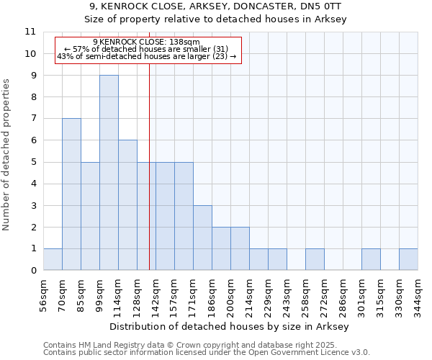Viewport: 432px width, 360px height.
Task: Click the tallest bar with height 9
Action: point(109,173)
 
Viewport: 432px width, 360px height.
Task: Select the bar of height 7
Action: point(71,194)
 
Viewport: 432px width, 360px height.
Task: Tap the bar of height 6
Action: point(127,205)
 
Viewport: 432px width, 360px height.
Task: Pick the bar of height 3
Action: point(202,238)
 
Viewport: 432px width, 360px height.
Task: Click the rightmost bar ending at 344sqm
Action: point(408,259)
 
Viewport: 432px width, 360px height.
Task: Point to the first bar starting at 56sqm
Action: point(53,259)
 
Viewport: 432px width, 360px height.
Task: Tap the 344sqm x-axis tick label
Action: point(419,294)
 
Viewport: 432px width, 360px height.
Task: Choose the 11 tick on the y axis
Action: point(30,32)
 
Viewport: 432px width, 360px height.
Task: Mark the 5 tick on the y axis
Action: point(32,162)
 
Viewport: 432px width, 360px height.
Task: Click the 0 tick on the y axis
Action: point(32,271)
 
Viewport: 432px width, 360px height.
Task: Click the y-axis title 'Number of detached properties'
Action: point(7,155)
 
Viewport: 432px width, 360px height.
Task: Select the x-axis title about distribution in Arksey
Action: point(230,326)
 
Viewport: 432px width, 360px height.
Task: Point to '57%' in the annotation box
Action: point(80,49)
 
